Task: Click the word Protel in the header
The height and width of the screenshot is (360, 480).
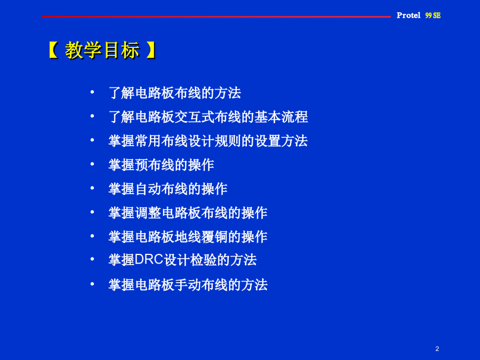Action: point(409,15)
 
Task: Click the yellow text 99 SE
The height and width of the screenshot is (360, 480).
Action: point(433,15)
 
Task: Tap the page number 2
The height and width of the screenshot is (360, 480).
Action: point(437,349)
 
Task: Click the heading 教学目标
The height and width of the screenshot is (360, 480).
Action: point(102,50)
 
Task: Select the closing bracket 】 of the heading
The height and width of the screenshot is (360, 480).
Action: point(151,50)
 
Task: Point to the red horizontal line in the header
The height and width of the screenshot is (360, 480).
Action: point(216,17)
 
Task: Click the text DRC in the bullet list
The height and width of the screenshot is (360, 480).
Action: point(149,260)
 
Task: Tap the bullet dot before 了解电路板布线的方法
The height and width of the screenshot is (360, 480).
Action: point(92,92)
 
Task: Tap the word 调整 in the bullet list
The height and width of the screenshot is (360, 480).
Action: point(148,213)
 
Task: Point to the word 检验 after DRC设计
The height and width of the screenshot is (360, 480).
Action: point(204,260)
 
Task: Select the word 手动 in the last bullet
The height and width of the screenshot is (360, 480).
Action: point(188,285)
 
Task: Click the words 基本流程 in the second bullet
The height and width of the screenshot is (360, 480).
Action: point(281,117)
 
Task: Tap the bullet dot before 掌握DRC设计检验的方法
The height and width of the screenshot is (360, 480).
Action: point(92,259)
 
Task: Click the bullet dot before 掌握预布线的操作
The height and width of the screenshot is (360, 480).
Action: point(92,164)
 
